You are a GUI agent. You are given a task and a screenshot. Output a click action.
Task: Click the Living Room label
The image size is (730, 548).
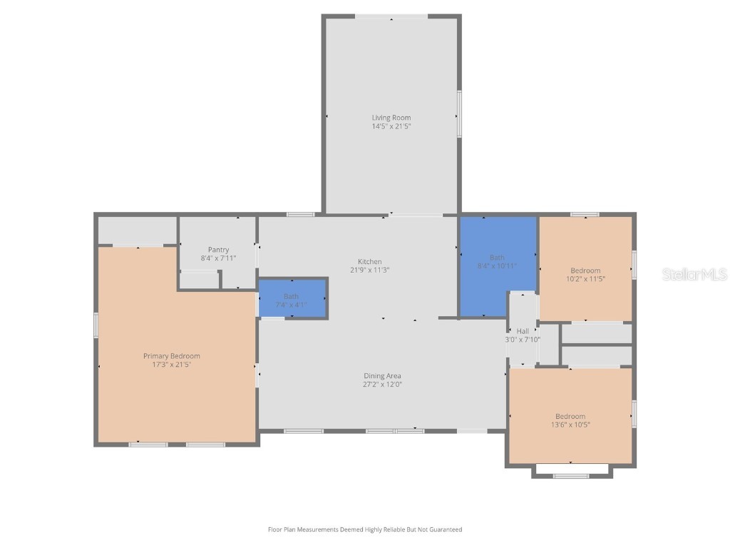391,118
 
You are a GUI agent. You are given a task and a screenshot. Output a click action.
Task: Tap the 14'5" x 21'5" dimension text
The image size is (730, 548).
391,126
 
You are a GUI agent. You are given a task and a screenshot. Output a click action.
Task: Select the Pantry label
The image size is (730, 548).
218,250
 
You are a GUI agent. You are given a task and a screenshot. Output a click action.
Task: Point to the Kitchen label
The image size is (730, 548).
369,262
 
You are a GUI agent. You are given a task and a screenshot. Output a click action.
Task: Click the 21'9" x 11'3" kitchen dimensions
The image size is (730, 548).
369,270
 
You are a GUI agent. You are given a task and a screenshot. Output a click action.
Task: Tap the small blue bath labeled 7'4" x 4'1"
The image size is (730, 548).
291,300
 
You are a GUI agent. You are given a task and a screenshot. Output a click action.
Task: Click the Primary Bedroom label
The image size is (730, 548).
171,356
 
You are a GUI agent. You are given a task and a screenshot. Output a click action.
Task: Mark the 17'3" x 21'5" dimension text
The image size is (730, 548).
171,365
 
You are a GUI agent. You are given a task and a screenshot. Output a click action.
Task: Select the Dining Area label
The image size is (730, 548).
383,376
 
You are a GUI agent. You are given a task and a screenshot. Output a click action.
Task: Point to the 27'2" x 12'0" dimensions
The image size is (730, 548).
383,385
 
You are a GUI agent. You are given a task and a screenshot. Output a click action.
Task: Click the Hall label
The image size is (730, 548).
523,331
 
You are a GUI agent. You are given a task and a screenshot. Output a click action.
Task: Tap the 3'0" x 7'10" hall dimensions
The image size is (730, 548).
523,340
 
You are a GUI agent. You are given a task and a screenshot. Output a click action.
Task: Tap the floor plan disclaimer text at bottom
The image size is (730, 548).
364,529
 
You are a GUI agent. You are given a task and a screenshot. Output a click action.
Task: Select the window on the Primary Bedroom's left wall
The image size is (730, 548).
96,325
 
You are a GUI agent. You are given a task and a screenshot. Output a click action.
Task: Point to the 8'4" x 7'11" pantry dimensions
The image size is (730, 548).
218,258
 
